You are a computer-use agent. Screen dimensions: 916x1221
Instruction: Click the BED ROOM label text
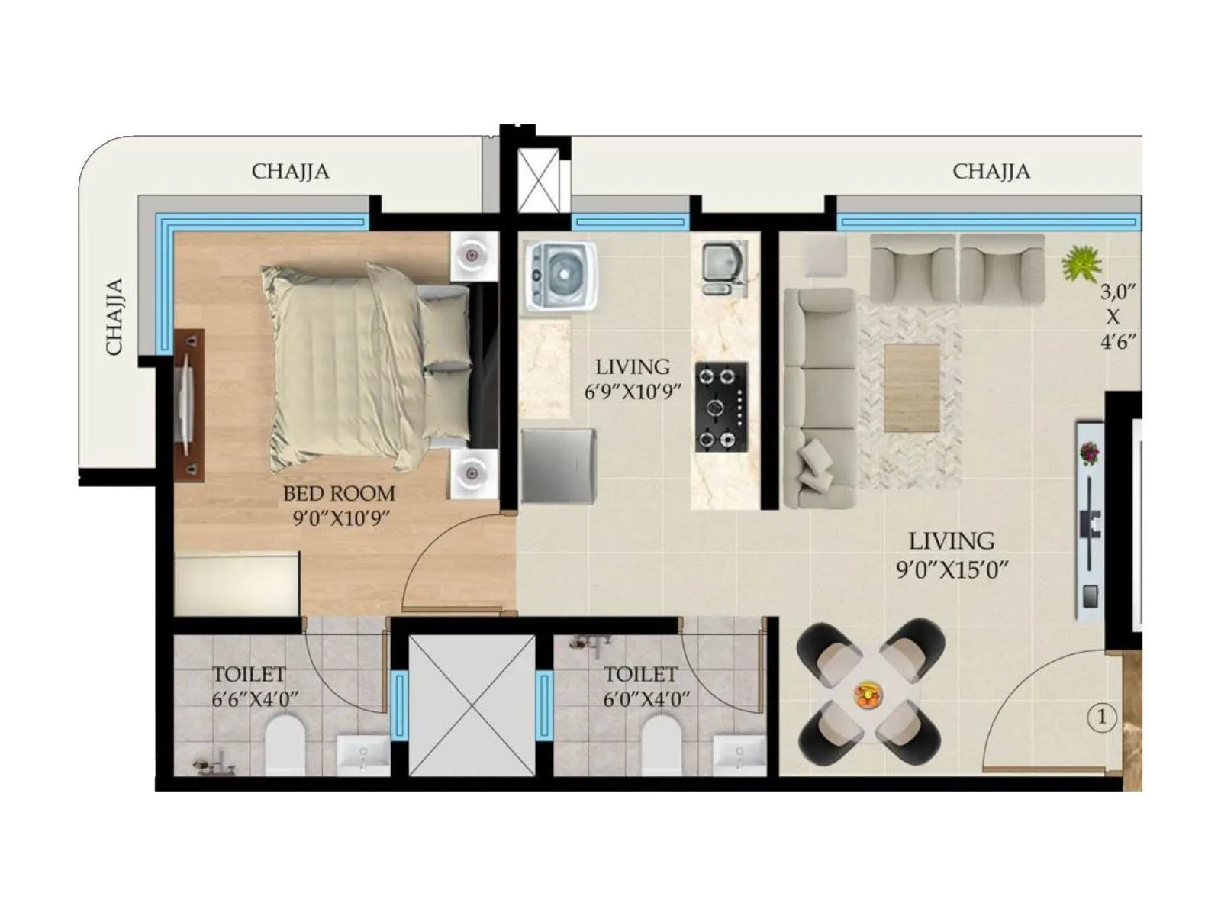coord(339,493)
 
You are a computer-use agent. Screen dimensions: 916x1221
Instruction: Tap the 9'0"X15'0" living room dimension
coord(952,569)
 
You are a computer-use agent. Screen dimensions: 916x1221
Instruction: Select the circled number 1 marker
coord(1101,718)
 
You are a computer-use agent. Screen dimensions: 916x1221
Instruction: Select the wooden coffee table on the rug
coord(912,387)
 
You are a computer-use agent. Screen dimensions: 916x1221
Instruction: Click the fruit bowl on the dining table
coord(868,695)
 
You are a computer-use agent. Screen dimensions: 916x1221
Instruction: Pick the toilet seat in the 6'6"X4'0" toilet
coord(285,744)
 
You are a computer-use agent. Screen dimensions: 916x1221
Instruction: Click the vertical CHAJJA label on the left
coord(114,317)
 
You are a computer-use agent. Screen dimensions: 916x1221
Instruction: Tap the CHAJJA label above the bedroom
coord(290,171)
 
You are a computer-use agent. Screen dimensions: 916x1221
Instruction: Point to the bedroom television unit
coord(188,405)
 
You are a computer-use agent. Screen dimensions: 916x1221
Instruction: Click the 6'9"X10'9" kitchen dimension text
coord(633,392)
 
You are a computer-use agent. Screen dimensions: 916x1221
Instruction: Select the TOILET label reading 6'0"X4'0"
coord(640,675)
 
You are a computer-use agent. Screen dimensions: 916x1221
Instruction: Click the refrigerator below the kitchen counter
coord(558,466)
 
